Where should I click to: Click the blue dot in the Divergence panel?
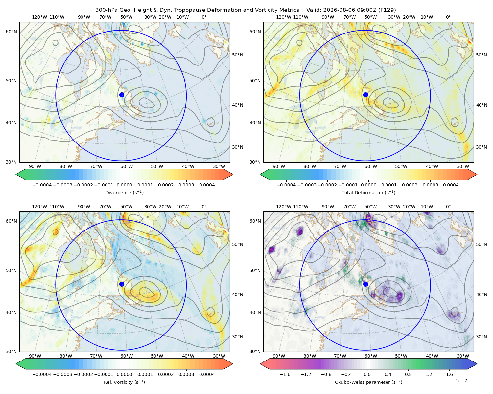click(x=122, y=95)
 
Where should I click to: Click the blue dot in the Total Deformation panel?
click(x=365, y=95)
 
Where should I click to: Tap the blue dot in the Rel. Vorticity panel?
click(x=122, y=284)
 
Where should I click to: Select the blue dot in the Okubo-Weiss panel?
click(x=365, y=284)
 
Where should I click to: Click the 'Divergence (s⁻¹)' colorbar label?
click(x=124, y=192)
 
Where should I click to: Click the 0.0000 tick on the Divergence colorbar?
click(x=124, y=185)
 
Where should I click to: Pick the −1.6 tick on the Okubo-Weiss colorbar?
click(x=285, y=374)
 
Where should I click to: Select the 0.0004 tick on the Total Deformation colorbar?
click(x=451, y=185)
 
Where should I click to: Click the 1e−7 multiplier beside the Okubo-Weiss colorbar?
click(x=461, y=381)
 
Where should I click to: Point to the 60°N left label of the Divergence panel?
click(x=11, y=32)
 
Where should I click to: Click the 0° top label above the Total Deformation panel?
click(x=448, y=17)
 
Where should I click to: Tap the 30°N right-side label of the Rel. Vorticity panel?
click(x=238, y=337)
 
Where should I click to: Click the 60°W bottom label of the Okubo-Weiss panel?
click(x=371, y=356)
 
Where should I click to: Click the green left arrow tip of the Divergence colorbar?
click(x=16, y=174)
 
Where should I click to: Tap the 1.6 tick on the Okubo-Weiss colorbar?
click(x=450, y=374)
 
